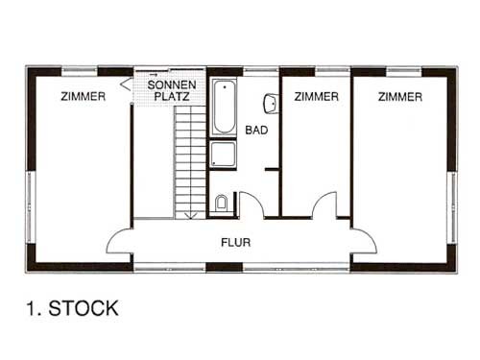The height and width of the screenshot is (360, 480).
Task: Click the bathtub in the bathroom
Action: tap(224, 108)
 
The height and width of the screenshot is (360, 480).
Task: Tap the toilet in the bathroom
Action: tap(221, 203)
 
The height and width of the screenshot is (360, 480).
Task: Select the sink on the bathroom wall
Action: tap(272, 104)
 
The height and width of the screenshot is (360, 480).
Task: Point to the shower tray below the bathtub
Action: tap(224, 155)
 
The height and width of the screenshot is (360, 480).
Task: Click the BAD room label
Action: tap(256, 131)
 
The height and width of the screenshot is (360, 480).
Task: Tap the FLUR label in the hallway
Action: tap(236, 242)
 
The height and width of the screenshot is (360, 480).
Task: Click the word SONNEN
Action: tap(172, 84)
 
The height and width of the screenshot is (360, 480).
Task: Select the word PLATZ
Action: tap(172, 96)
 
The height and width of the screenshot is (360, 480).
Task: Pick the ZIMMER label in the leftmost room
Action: tap(84, 96)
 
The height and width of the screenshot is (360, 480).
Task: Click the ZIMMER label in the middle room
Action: tap(317, 96)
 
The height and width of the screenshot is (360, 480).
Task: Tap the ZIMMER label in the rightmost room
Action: tap(400, 97)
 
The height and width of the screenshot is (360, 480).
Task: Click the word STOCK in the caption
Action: tap(84, 308)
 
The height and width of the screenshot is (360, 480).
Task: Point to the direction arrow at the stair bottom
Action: tap(191, 215)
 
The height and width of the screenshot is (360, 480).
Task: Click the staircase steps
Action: tap(190, 162)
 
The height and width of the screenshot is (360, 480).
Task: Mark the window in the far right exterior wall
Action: tap(454, 208)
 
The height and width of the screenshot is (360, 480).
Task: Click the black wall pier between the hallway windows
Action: tap(224, 267)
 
